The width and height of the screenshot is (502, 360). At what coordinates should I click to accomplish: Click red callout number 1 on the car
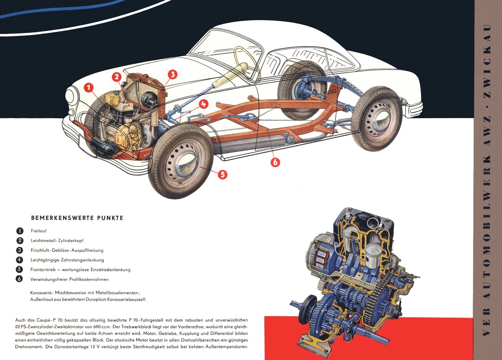pos(89,87)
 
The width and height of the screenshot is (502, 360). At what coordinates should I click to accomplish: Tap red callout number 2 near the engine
pos(117,77)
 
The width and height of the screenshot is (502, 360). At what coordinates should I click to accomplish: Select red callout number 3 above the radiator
pos(173,74)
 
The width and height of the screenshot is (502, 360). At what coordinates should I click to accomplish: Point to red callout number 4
pos(203,104)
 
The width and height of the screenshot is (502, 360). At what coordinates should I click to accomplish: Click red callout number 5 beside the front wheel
pos(222,175)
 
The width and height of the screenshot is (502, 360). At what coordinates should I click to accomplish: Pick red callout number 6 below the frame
pos(275,162)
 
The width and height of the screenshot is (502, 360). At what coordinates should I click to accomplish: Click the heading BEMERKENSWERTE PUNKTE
pos(77,218)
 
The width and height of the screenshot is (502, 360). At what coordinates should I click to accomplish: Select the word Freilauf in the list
pos(39,231)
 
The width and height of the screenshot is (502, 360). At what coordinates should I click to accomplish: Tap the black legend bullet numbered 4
pos(19,260)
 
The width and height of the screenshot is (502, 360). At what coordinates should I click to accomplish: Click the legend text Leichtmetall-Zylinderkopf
pos(57,241)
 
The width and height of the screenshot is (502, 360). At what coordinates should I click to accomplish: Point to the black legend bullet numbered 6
pos(19,279)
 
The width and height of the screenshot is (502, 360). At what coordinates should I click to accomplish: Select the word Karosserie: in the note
pos(42,293)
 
